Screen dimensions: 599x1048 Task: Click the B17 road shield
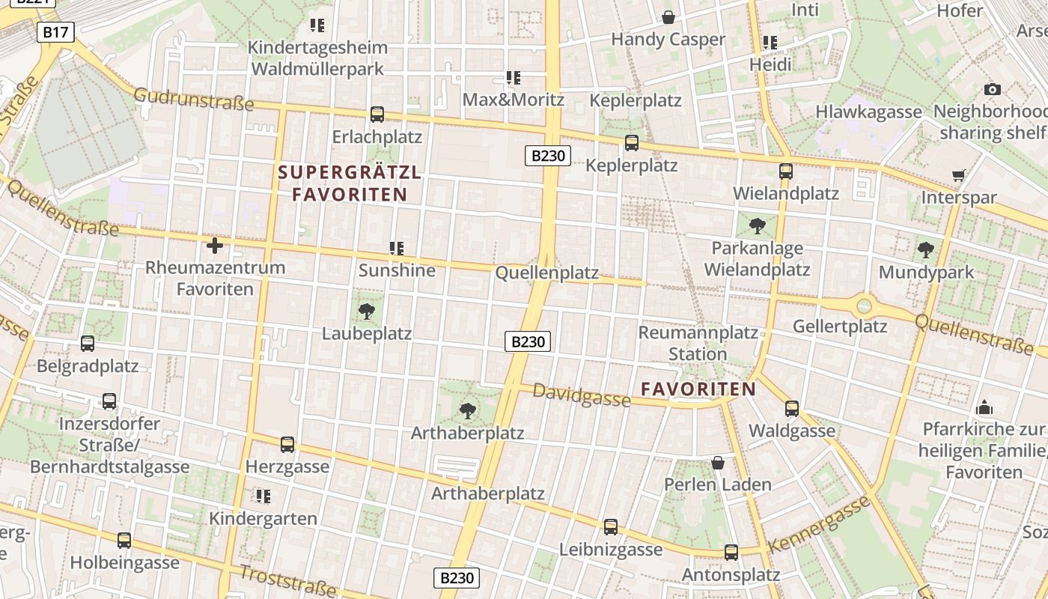[x=55, y=32]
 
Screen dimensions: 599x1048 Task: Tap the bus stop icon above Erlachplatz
[x=377, y=115]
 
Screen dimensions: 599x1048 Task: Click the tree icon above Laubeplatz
[x=367, y=311]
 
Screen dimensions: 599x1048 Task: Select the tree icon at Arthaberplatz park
[x=468, y=410]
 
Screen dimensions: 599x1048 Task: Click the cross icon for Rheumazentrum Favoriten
[x=215, y=246]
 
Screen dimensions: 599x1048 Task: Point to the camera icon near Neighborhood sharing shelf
[x=993, y=90]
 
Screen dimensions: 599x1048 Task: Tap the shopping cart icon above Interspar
[x=958, y=176]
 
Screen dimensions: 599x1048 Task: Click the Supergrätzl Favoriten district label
[x=350, y=183]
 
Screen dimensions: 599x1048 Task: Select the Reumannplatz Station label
[x=698, y=343]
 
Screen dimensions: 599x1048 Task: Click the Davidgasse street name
[x=582, y=395]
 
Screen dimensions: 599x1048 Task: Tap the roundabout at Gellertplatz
[x=865, y=305]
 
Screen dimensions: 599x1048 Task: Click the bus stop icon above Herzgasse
[x=287, y=445]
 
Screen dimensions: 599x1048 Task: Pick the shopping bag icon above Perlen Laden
[x=717, y=463]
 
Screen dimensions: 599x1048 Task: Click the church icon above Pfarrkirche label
[x=984, y=407]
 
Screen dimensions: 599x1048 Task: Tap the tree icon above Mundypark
[x=926, y=250]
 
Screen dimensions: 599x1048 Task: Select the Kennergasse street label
[x=820, y=523]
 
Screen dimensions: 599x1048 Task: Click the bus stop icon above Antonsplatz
[x=731, y=553]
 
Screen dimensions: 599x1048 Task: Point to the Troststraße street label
[x=287, y=581]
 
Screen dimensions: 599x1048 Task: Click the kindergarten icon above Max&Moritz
[x=514, y=78]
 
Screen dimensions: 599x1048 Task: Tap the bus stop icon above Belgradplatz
[x=88, y=344]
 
